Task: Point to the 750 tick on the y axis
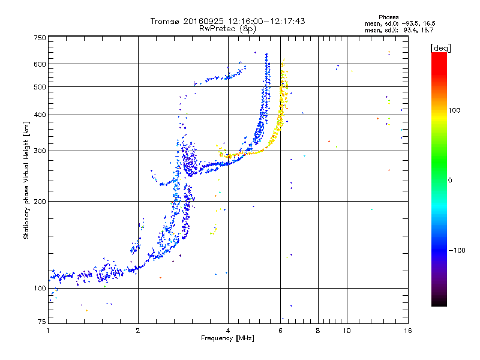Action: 40,38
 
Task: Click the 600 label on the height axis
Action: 40,64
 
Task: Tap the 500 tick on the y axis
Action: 40,87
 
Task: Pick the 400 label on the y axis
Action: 40,115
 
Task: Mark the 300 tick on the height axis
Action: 40,151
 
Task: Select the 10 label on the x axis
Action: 346,331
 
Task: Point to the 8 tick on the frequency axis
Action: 318,331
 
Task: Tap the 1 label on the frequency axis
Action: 49,331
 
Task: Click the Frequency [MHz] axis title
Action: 227,339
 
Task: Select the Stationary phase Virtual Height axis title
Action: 26,181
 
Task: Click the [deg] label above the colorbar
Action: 441,47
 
